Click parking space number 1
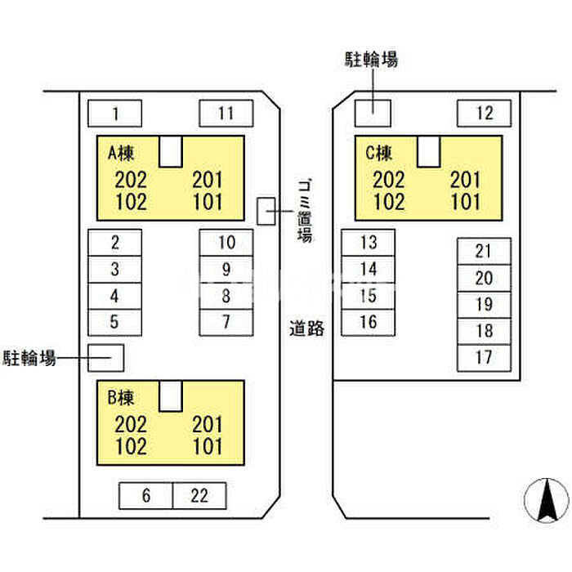click(114, 113)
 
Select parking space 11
click(226, 113)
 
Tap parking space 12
click(484, 113)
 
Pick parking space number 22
click(199, 495)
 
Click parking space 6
click(146, 495)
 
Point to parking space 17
click(484, 356)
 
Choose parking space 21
click(484, 252)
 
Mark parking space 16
click(369, 322)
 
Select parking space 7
click(226, 320)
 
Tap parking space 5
click(114, 321)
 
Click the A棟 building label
click(120, 152)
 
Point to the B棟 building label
click(120, 398)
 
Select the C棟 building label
click(378, 152)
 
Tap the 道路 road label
click(307, 328)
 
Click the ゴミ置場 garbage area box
click(266, 211)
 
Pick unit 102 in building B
click(132, 446)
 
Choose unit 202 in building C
click(389, 179)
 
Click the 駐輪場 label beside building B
click(29, 357)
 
